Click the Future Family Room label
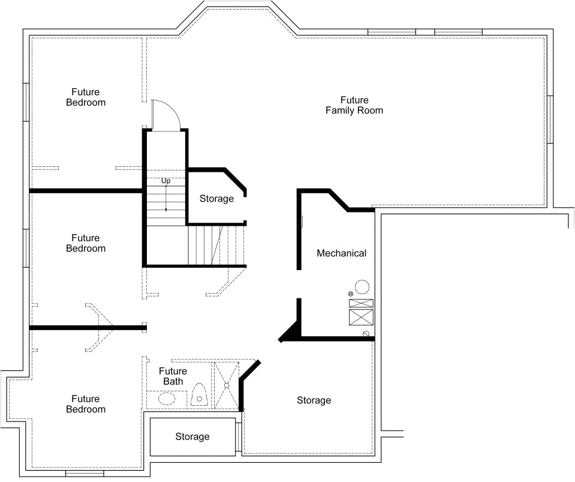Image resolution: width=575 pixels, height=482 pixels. tap(354, 106)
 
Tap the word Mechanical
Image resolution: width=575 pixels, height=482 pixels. tap(341, 253)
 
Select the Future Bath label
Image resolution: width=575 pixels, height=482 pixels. tap(173, 376)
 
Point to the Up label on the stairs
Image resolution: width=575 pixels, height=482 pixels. tap(165, 181)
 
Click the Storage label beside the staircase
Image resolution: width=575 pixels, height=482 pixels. tap(216, 199)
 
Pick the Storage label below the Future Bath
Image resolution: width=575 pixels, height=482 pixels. tap(192, 436)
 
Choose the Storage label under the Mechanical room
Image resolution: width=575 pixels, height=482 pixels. tap(314, 400)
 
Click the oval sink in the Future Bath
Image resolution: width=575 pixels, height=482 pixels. tap(167, 398)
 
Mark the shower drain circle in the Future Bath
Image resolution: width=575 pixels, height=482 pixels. tap(226, 385)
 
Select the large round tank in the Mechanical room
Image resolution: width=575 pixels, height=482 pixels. tap(362, 287)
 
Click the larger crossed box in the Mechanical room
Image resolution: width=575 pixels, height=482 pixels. tap(361, 317)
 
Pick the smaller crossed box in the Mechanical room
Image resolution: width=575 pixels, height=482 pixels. tap(361, 303)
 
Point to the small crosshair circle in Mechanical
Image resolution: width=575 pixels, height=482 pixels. tap(351, 294)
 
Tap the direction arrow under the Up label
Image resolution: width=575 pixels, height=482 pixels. tap(165, 198)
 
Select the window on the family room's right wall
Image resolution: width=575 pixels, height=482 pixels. tap(550, 119)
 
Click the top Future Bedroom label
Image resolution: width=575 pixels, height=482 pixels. tap(86, 97)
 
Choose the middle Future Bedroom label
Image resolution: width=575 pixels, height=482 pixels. tap(86, 243)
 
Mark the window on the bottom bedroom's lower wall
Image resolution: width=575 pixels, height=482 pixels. tap(85, 474)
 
